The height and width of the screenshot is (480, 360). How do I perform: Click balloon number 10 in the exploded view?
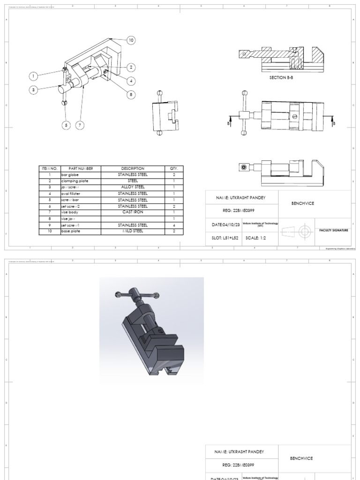pos(131,41)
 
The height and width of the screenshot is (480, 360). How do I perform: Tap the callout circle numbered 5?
pos(66,125)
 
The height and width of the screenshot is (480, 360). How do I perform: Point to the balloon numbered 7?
pos(80,125)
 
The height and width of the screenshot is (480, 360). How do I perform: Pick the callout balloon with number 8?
pos(131,94)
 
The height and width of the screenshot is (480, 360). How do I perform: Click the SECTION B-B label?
pos(280,77)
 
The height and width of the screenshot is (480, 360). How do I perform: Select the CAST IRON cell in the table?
pos(133,212)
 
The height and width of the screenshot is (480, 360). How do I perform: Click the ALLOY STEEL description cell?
pos(133,187)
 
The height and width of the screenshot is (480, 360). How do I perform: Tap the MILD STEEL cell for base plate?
pos(133,231)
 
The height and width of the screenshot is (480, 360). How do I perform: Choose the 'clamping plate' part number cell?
pos(75,180)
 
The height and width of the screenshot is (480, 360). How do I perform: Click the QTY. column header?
pos(173,168)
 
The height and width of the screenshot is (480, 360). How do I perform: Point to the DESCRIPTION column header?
pos(133,168)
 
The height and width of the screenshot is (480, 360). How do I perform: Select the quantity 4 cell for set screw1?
pos(173,225)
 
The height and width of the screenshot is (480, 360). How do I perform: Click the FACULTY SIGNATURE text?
pos(333,231)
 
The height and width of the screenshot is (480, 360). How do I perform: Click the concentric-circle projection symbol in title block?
pos(305,231)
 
